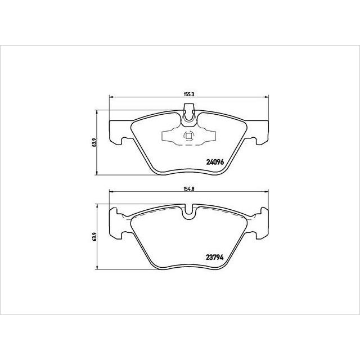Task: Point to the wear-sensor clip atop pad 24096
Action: click(190, 115)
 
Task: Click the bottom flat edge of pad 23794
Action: click(189, 267)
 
